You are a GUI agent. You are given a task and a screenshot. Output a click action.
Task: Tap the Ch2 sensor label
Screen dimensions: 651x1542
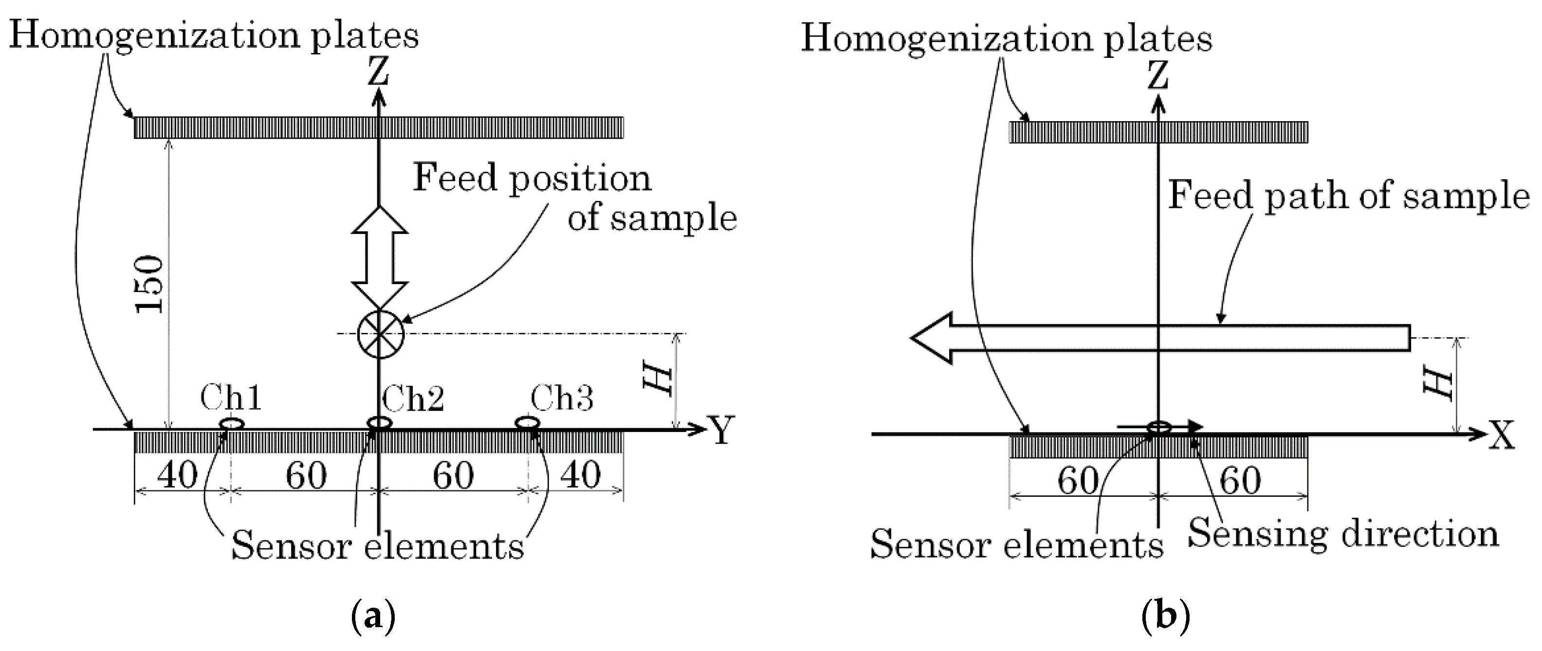(x=413, y=398)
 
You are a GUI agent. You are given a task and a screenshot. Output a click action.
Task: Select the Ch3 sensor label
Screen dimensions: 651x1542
(x=562, y=398)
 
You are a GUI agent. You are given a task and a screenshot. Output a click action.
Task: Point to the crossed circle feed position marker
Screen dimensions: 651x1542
(x=380, y=334)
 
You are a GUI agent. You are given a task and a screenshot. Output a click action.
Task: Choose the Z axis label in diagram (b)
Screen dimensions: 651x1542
(x=1159, y=76)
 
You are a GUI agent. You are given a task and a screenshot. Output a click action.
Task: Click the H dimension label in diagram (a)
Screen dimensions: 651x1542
(x=659, y=380)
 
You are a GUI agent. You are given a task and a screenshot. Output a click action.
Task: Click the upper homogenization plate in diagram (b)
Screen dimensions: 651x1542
(x=1158, y=132)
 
